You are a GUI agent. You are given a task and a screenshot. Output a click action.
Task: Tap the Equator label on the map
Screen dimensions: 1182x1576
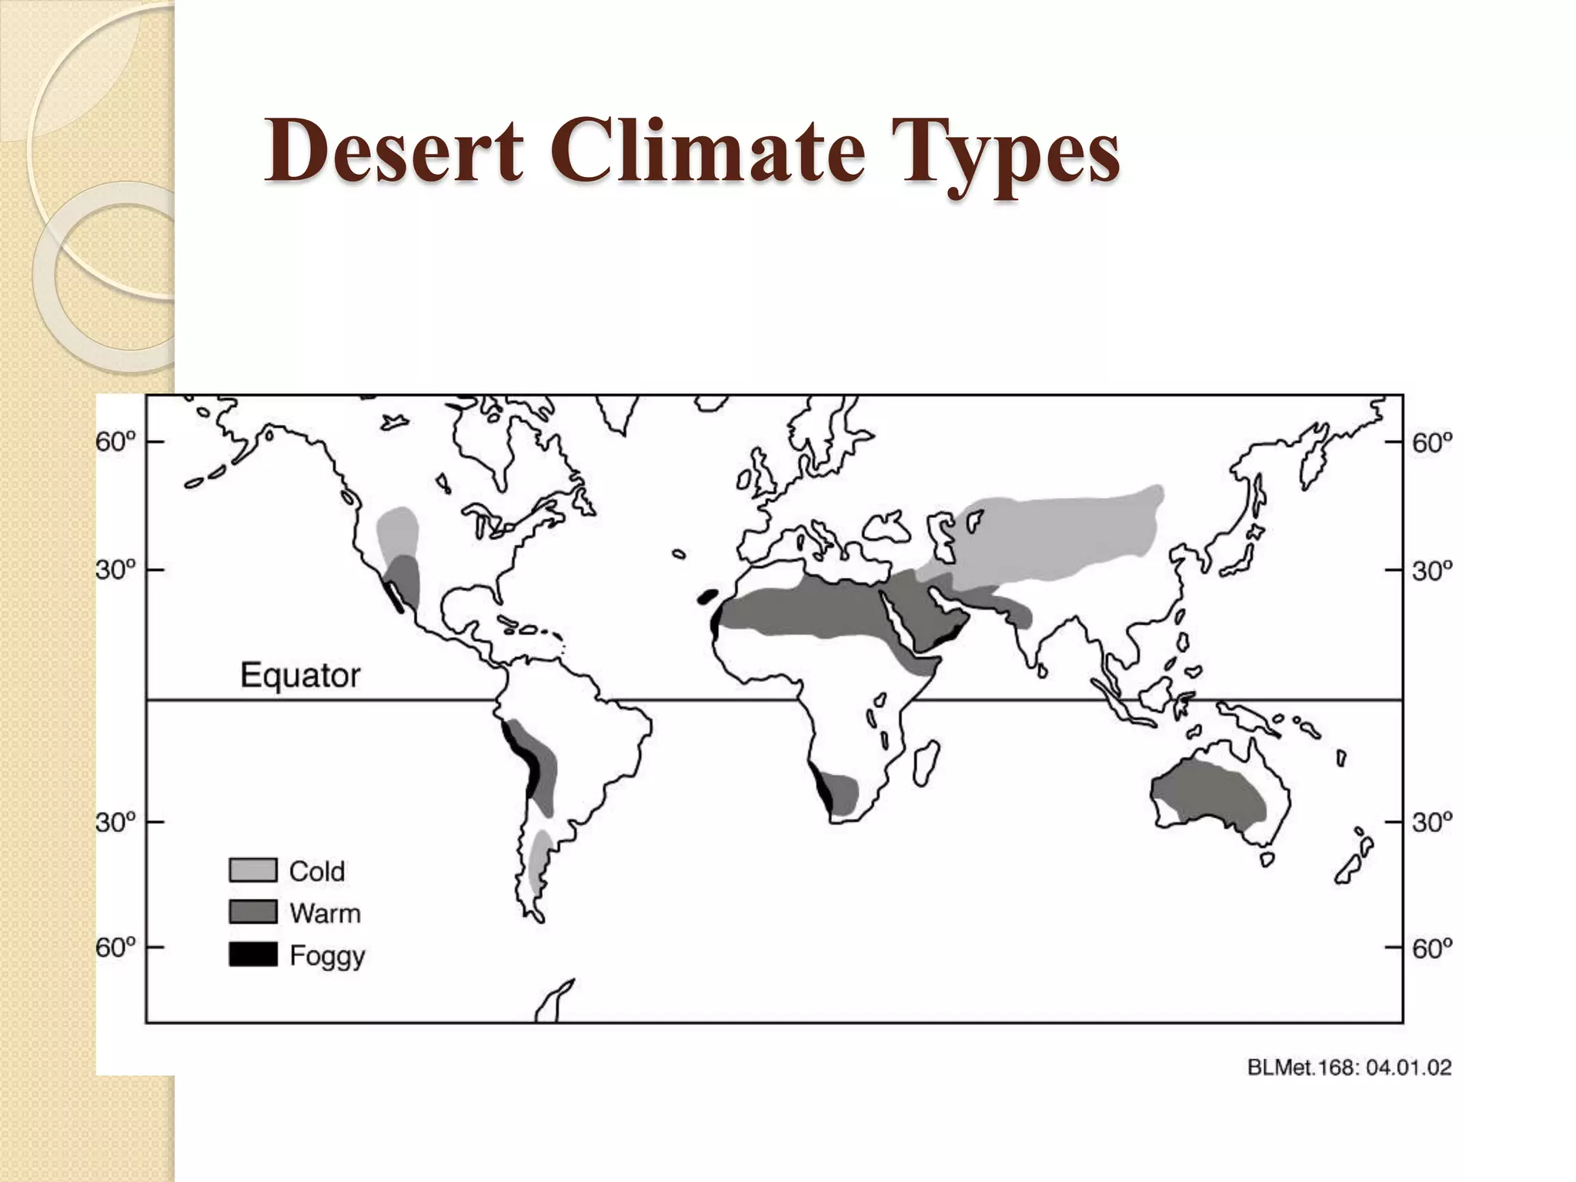[x=300, y=675]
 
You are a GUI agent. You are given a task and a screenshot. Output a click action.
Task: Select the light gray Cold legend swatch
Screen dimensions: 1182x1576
[x=253, y=870]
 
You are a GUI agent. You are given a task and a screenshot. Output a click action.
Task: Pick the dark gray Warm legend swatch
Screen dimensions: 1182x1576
[x=253, y=913]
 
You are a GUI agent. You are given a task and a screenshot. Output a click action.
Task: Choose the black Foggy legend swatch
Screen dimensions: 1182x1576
[x=253, y=954]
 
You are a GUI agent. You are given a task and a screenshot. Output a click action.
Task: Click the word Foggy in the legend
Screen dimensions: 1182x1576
[x=327, y=957]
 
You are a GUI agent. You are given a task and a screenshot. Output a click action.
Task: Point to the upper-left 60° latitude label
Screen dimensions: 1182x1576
[x=115, y=442]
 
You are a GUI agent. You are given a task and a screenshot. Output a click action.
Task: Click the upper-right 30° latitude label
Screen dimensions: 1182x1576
[x=1432, y=571]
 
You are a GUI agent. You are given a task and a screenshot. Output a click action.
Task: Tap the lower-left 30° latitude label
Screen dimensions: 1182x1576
[x=115, y=823]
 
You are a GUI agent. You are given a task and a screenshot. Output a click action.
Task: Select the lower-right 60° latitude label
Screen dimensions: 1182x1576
[x=1432, y=948]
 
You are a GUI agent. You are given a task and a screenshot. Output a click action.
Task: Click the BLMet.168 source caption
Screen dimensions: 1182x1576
[x=1349, y=1067]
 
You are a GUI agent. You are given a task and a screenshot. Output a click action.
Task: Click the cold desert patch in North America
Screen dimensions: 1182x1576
[x=397, y=531]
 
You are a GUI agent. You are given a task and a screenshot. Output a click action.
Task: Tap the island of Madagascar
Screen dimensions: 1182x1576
[x=926, y=762]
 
